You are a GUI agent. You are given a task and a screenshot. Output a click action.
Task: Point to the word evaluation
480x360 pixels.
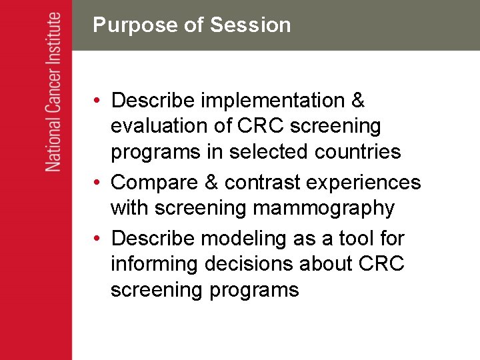pos(158,126)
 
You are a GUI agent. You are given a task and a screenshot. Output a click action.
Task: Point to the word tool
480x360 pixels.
pos(360,238)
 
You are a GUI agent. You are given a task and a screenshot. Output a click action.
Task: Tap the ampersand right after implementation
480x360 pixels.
pos(357,101)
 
